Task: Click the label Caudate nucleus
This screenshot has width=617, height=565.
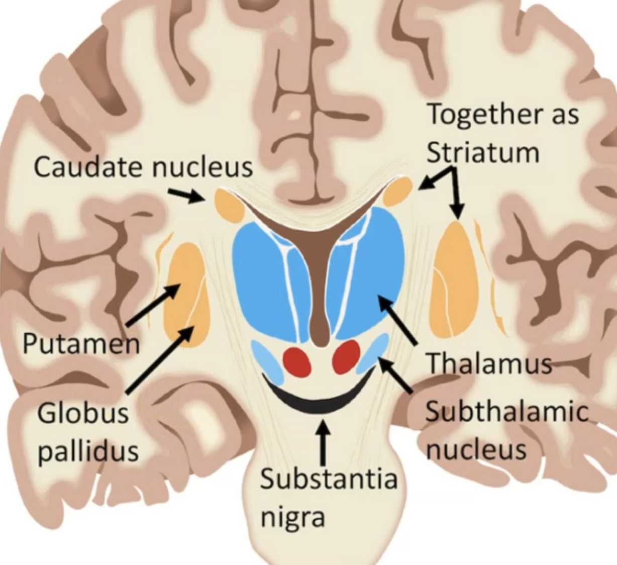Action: (x=143, y=166)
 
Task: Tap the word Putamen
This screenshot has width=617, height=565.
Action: (x=81, y=344)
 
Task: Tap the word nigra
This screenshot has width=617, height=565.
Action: (x=292, y=516)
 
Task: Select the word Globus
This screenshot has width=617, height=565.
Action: (x=83, y=413)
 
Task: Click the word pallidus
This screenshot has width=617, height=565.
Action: (x=88, y=450)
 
